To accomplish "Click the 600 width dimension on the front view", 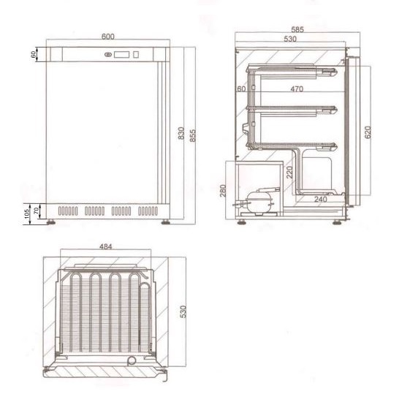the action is [107, 37].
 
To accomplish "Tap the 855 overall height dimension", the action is [192, 136].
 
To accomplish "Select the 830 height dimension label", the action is [181, 133].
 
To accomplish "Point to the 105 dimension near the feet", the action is [27, 213].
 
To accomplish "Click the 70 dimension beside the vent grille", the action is [37, 210].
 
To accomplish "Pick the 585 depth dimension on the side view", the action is [297, 29].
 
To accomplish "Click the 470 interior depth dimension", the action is [297, 89].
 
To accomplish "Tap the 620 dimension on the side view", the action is [368, 132].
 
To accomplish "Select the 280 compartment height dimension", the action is [223, 191].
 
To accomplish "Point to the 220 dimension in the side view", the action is [289, 172].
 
